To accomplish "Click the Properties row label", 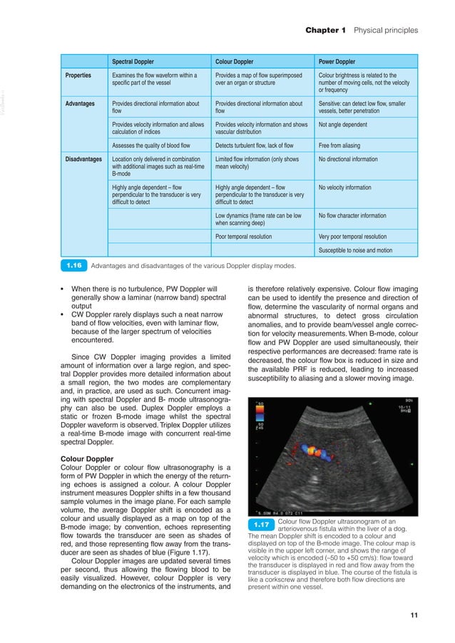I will [x=78, y=75].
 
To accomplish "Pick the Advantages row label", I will [x=80, y=104].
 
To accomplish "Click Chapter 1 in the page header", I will [x=325, y=31].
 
